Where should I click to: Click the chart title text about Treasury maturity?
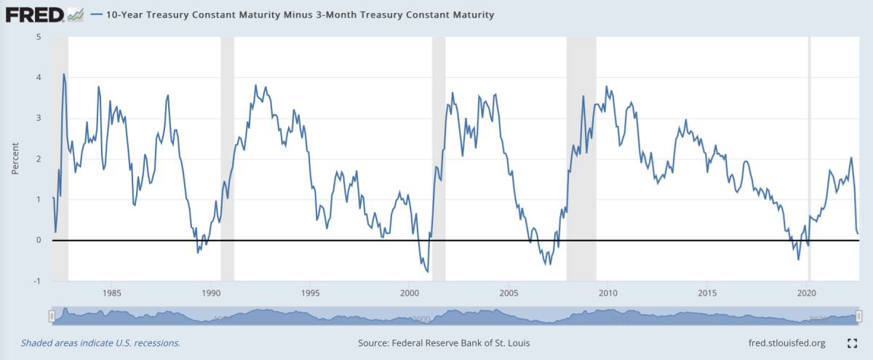point(300,15)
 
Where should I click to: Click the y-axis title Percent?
point(15,159)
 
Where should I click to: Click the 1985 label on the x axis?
point(111,293)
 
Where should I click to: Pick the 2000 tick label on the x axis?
point(410,293)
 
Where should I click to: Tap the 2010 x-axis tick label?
point(608,293)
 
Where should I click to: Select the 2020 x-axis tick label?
point(808,293)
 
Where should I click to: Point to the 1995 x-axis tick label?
point(310,293)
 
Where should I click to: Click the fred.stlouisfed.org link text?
point(786,343)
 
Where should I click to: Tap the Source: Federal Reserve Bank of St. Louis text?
point(444,343)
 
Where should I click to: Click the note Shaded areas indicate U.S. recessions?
point(100,343)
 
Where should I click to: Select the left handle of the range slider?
point(52,316)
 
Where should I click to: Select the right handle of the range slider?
point(859,316)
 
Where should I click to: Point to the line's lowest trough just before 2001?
point(427,271)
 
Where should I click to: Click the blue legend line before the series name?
point(99,15)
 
